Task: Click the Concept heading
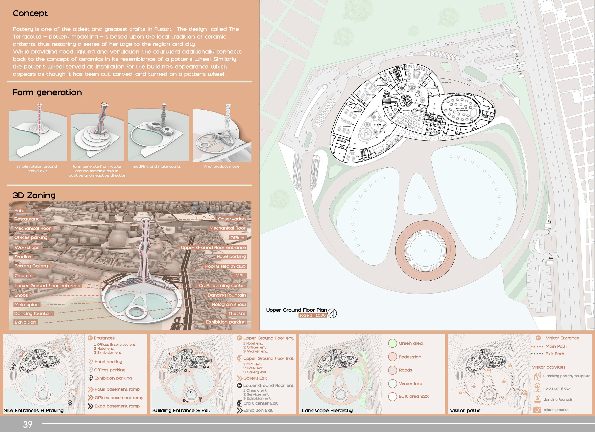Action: [x=30, y=13]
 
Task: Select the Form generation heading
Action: [x=47, y=93]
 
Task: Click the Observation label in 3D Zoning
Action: [x=232, y=219]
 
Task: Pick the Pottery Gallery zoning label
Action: [x=31, y=266]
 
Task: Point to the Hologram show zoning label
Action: [x=229, y=305]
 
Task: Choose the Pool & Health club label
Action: [x=225, y=266]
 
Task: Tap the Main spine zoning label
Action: [x=27, y=305]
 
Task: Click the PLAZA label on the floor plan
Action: [x=377, y=125]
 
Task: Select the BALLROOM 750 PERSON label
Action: [x=462, y=110]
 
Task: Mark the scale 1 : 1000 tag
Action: [x=312, y=315]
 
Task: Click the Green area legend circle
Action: [x=392, y=343]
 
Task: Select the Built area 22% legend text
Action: [x=414, y=396]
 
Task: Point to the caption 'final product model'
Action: [x=222, y=166]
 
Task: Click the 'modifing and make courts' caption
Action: [x=157, y=166]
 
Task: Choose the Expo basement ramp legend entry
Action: [x=117, y=406]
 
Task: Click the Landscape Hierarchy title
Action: [x=327, y=411]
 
